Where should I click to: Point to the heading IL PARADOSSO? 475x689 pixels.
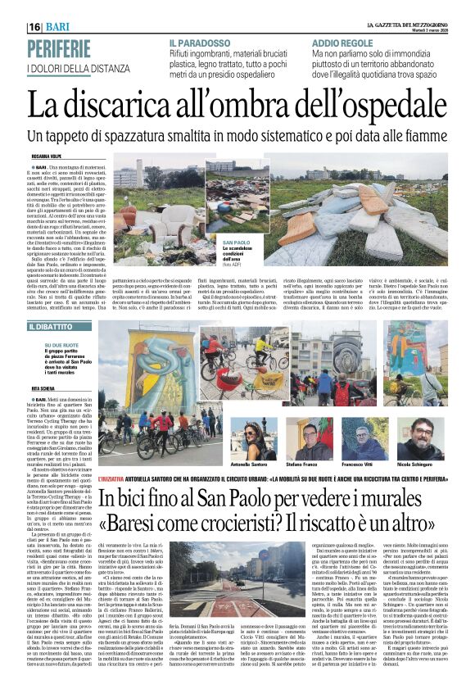200,41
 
